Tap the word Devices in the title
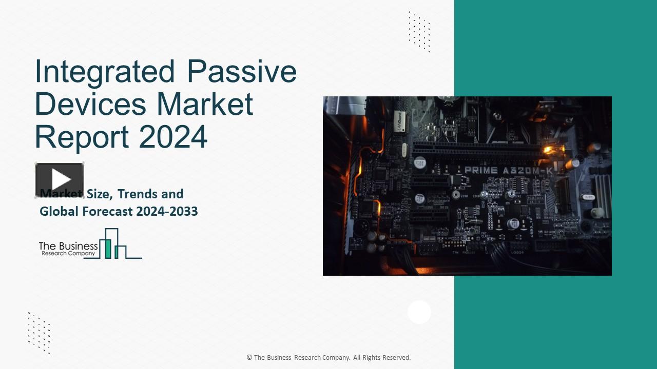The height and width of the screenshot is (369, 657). [x=90, y=104]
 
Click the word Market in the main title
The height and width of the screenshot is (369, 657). [x=205, y=104]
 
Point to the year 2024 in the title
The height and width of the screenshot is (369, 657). [x=173, y=136]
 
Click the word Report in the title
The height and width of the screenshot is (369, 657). [x=82, y=136]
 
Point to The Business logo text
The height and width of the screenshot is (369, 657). [x=68, y=246]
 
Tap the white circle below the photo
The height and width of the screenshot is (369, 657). [x=419, y=312]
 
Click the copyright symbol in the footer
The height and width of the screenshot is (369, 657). [x=249, y=358]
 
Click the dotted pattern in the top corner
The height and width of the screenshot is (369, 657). [x=419, y=32]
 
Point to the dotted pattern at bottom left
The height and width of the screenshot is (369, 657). [x=39, y=333]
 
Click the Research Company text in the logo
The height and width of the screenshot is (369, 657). [x=68, y=253]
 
